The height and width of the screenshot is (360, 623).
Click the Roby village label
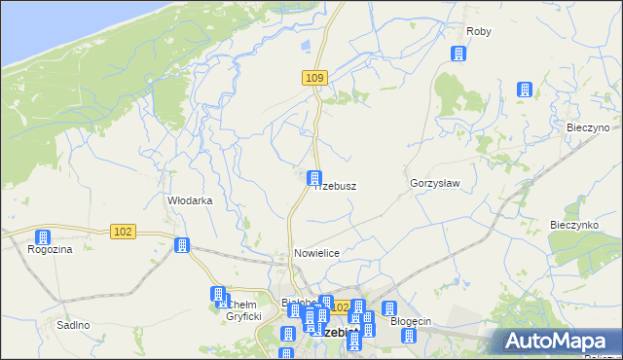479,31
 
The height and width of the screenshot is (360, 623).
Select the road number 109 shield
312,78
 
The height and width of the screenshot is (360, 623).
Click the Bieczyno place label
588,127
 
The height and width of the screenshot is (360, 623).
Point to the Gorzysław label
434,183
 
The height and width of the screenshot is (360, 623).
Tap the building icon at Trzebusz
314,178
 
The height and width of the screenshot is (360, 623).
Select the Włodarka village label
190,200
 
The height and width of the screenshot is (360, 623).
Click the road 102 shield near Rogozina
123,231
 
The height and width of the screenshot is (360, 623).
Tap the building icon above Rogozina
43,237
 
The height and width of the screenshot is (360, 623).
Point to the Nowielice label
316,253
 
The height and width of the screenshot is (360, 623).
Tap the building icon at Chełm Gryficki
219,295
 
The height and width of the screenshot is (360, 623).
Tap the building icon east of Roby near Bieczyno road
525,90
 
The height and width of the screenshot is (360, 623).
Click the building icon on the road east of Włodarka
181,244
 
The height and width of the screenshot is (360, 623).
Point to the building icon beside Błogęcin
388,309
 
